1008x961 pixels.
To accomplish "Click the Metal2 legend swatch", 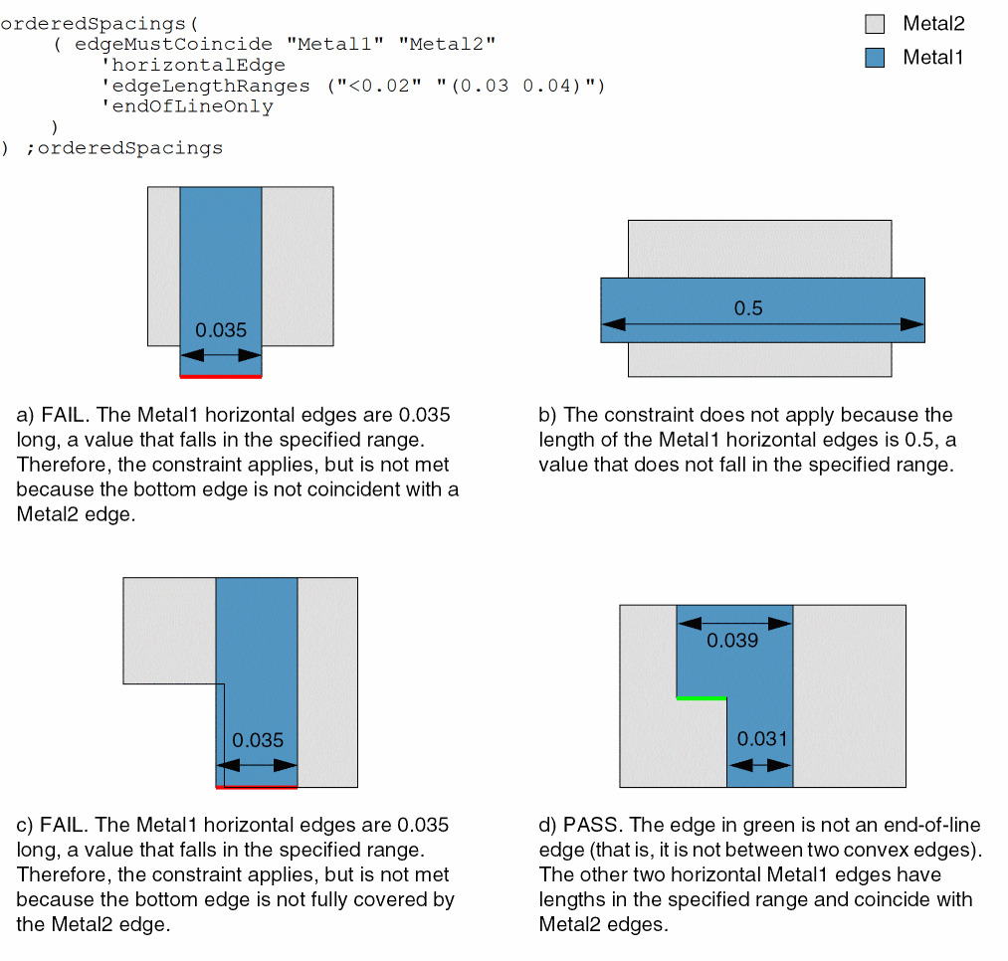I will [875, 24].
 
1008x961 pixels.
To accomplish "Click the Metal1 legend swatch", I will [875, 58].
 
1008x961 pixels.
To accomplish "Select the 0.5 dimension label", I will [748, 308].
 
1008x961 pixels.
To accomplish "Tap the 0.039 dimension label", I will [733, 641].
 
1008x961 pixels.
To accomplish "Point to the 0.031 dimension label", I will [761, 738].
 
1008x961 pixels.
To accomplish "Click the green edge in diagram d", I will [702, 698].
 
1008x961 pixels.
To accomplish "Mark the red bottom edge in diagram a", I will [221, 377].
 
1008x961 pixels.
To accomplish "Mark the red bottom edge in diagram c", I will [257, 787].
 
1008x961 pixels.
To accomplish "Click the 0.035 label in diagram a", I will [221, 330].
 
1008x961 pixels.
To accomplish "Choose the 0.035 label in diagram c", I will [258, 740].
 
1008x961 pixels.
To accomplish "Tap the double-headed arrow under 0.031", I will [761, 764].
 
